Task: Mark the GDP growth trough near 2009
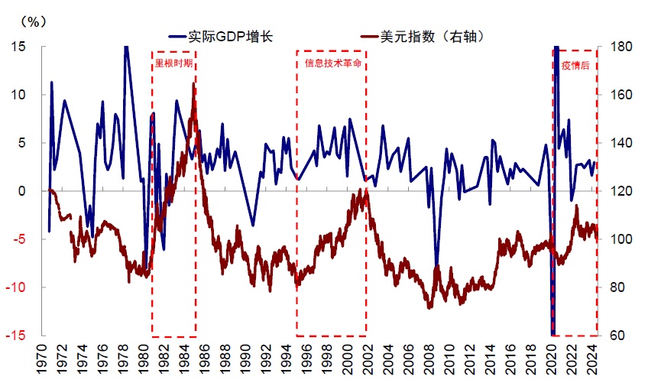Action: [436, 264]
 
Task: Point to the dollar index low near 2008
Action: [429, 307]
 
